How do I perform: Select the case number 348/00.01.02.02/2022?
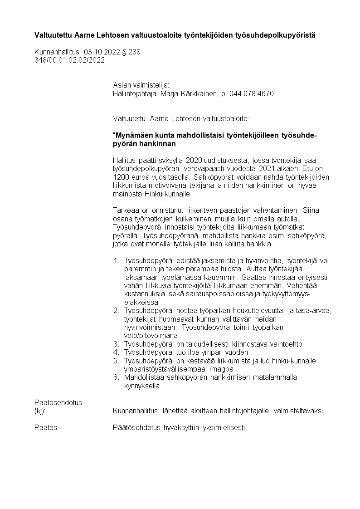[69, 60]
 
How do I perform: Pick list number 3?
[116, 344]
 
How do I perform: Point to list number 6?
[116, 377]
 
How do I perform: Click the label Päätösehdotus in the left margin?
[58, 402]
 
